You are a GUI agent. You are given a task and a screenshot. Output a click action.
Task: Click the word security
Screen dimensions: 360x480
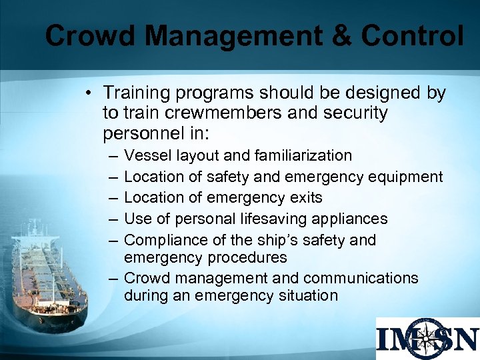[x=353, y=113]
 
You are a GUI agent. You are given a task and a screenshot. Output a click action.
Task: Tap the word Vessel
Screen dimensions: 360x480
[x=147, y=155]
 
